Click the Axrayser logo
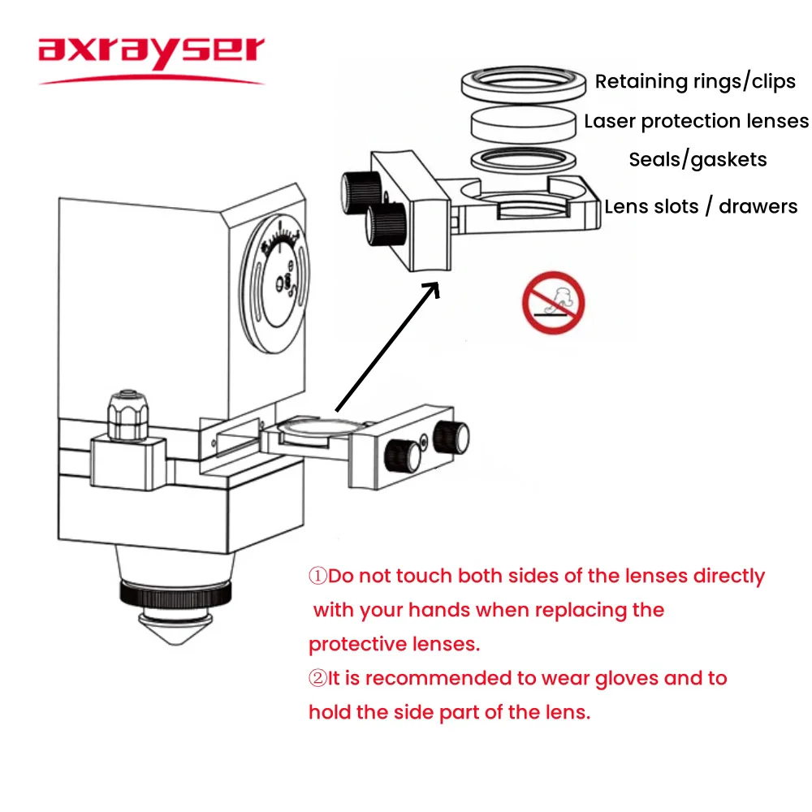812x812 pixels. (151, 53)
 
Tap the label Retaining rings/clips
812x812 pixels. (695, 81)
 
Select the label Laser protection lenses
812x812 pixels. (696, 122)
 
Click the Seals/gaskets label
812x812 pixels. (698, 159)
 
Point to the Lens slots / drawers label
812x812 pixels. (701, 206)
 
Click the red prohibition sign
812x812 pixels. (553, 302)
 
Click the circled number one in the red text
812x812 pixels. (317, 577)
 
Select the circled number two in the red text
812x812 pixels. (317, 678)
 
